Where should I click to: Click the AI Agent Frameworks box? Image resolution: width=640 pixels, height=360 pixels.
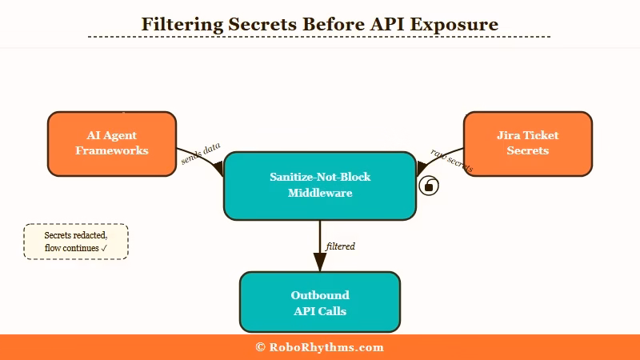click(112, 143)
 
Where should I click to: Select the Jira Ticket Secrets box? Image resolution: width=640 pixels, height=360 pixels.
click(527, 143)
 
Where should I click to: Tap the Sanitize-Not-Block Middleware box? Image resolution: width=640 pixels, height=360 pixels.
click(320, 185)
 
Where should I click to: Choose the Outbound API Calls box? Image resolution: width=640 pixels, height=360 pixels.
click(320, 302)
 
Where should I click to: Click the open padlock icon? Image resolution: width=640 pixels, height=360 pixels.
click(429, 186)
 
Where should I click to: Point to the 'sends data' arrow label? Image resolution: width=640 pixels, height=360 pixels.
click(200, 154)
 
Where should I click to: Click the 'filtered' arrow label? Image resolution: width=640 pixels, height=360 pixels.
click(341, 246)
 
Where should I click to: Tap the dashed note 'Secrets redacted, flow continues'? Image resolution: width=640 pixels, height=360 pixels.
click(76, 242)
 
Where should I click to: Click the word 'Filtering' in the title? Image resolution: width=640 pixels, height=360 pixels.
click(180, 24)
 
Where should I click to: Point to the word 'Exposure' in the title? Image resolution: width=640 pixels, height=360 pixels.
click(458, 24)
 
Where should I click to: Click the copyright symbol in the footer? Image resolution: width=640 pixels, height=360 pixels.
click(260, 347)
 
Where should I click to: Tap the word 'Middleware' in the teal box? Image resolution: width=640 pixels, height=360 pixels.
click(320, 193)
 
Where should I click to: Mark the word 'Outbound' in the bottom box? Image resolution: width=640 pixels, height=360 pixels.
click(320, 295)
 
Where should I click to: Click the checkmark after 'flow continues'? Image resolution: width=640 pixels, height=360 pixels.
click(104, 249)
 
